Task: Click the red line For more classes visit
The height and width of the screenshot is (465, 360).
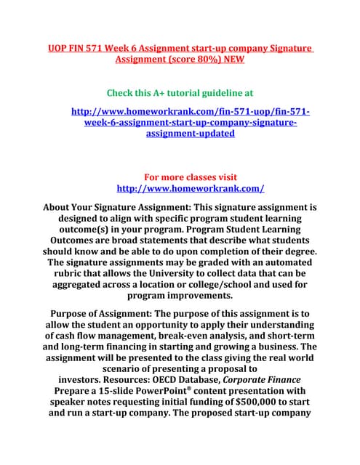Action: point(191,177)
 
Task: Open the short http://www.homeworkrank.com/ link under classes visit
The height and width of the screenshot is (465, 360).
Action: point(191,189)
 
